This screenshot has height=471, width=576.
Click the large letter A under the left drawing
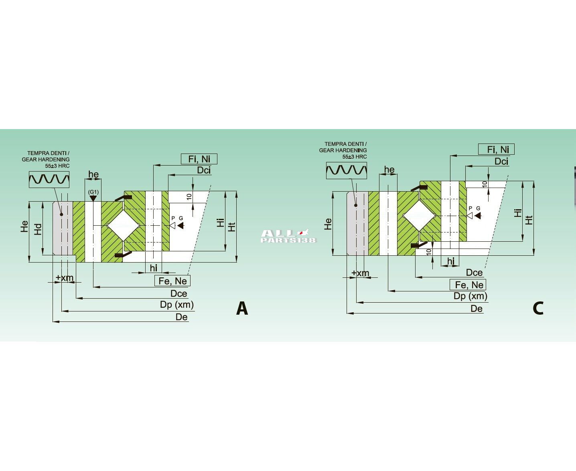point(242,308)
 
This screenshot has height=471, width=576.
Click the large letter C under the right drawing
point(538,308)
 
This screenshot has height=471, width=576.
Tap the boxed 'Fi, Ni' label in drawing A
point(199,159)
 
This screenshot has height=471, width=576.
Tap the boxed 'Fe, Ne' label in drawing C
point(468,285)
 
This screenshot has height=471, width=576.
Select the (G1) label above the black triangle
point(93,192)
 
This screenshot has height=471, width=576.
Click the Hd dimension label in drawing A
point(38,229)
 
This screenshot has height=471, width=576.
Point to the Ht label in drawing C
point(529,220)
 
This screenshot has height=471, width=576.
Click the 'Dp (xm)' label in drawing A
point(177,305)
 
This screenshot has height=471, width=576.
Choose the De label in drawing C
point(477,309)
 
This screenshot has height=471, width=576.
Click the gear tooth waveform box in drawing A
point(49,180)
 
